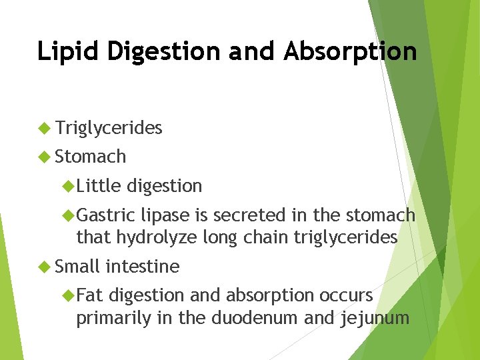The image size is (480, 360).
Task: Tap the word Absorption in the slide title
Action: click(x=351, y=51)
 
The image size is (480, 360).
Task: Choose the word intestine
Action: click(x=142, y=267)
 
